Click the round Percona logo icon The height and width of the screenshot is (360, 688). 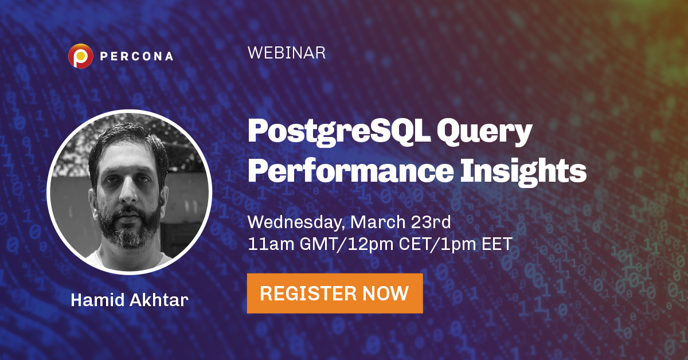click(x=80, y=56)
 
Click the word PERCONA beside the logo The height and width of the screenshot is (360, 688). click(x=135, y=57)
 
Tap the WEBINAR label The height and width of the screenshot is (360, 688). click(x=287, y=53)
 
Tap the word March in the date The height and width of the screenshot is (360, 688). click(x=374, y=221)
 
